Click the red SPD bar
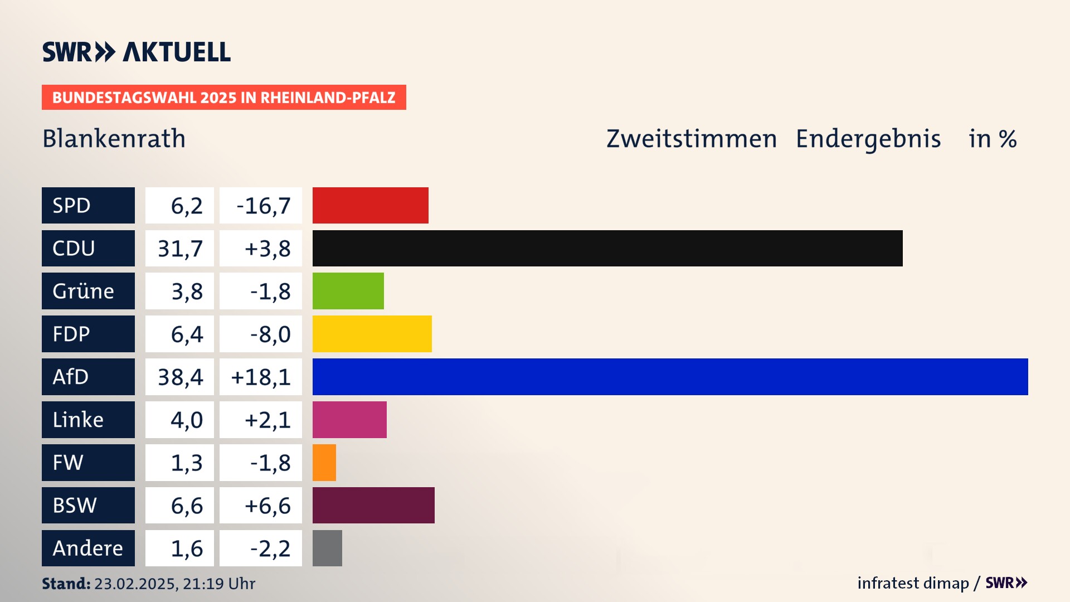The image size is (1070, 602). tap(370, 205)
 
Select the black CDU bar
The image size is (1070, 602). tap(607, 248)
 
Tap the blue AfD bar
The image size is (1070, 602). tap(670, 377)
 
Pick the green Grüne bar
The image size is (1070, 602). tap(348, 291)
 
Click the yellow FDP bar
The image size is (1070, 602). tap(372, 334)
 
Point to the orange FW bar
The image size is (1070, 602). tap(324, 463)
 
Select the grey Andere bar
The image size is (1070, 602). tap(327, 548)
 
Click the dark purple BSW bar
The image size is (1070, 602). tap(373, 506)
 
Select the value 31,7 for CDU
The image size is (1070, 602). tap(180, 249)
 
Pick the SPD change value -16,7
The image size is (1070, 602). tap(263, 206)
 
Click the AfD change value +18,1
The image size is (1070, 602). tap(261, 377)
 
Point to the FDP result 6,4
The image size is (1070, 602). tap(187, 334)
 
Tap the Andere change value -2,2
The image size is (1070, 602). tap(270, 548)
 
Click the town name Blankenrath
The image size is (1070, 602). tap(114, 139)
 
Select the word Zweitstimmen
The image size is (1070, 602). tap(692, 139)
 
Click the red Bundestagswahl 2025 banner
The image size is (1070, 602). tap(223, 98)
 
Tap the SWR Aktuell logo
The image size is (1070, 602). tap(137, 52)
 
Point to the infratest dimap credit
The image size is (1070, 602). tap(913, 583)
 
